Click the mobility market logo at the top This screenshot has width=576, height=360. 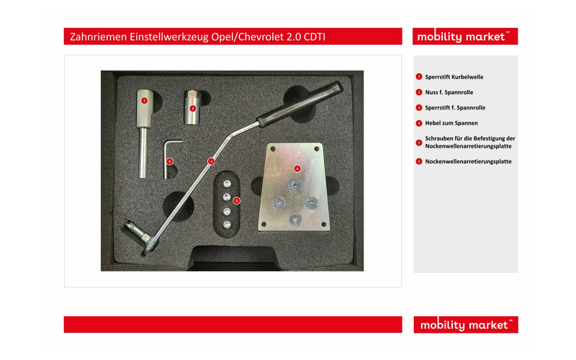tap(465, 37)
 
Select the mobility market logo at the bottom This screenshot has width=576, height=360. tap(465, 325)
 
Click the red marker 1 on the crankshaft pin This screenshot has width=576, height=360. tap(144, 101)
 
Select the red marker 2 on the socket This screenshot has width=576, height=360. tap(192, 107)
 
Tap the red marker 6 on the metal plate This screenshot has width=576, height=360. tap(297, 168)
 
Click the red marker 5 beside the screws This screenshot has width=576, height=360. tap(237, 200)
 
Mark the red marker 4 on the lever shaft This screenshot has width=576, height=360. tap(210, 161)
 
